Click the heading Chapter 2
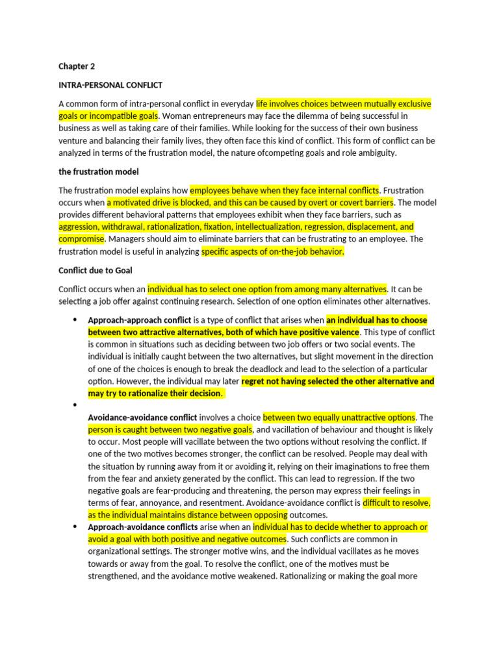pyautogui.click(x=77, y=66)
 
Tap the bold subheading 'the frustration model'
pyautogui.click(x=98, y=172)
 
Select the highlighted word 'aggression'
pyautogui.click(x=80, y=227)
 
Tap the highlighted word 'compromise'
pyautogui.click(x=80, y=239)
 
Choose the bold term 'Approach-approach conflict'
pyautogui.click(x=139, y=320)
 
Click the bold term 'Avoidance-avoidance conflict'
pyautogui.click(x=142, y=417)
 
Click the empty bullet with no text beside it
pyautogui.click(x=75, y=405)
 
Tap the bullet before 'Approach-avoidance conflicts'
pyautogui.click(x=75, y=527)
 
